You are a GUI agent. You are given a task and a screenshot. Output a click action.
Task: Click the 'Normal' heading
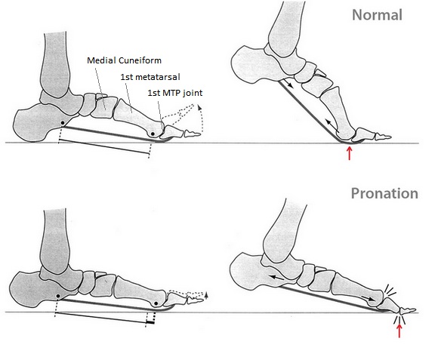point(377,15)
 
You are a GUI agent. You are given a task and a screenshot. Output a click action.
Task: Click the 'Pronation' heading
point(384,193)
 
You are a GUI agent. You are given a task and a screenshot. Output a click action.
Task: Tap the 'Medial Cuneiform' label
point(124,60)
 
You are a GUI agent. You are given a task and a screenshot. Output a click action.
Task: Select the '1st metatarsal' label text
point(150,77)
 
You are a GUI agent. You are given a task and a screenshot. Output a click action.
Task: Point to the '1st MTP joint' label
point(175,93)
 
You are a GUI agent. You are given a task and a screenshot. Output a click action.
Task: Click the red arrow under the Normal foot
point(349,153)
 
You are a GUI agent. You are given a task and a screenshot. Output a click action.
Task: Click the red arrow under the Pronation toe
point(399,331)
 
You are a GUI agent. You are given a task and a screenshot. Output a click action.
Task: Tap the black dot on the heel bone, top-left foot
point(63,123)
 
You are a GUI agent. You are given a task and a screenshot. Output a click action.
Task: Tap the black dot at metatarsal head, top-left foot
point(153,134)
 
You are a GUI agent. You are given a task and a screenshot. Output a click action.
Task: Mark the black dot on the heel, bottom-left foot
point(58,296)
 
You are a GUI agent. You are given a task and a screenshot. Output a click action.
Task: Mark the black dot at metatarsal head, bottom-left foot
point(156,303)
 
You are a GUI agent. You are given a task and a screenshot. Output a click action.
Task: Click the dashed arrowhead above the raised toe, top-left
point(199,107)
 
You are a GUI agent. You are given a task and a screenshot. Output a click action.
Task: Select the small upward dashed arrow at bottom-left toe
point(206,295)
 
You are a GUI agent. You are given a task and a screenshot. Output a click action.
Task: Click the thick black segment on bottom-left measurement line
point(150,322)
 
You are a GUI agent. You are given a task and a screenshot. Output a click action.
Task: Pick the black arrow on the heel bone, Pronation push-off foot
point(276,278)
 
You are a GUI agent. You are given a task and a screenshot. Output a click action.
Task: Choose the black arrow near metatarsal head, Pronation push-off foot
point(369,298)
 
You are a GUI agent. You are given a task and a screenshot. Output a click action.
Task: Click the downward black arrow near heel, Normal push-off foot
point(288,83)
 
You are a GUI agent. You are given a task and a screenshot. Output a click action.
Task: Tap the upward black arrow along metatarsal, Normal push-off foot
point(332,125)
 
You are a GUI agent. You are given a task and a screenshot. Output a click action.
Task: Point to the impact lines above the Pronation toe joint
point(390,291)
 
